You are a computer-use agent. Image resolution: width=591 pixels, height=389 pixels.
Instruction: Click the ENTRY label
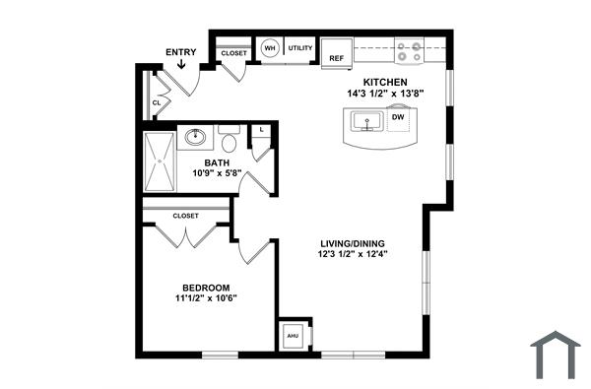pyautogui.click(x=180, y=51)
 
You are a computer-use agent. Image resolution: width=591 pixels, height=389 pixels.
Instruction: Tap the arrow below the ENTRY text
pyautogui.click(x=181, y=66)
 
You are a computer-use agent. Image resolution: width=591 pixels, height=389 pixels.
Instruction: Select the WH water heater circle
pyautogui.click(x=269, y=48)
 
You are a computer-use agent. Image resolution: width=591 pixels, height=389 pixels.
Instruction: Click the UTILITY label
pyautogui.click(x=300, y=48)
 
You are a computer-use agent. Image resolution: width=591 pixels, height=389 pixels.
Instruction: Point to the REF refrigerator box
pyautogui.click(x=337, y=58)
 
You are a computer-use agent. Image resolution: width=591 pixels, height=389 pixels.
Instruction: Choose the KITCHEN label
pyautogui.click(x=385, y=82)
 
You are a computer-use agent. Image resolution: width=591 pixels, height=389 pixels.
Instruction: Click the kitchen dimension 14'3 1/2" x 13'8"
pyautogui.click(x=385, y=94)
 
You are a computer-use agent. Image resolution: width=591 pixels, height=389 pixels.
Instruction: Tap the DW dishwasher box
pyautogui.click(x=398, y=117)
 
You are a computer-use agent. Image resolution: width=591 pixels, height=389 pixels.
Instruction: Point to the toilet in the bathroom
pyautogui.click(x=230, y=139)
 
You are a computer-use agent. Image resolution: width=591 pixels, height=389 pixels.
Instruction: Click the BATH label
pyautogui.click(x=217, y=162)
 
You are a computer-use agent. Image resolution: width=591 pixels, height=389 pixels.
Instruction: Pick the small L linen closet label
pyautogui.click(x=262, y=129)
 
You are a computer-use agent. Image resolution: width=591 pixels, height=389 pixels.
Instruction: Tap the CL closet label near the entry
pyautogui.click(x=157, y=101)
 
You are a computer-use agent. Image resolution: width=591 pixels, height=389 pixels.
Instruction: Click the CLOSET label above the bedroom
pyautogui.click(x=185, y=215)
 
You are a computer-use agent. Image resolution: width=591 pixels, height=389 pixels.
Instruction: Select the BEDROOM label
pyautogui.click(x=208, y=288)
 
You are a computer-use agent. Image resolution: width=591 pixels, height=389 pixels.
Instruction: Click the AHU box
pyautogui.click(x=293, y=337)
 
